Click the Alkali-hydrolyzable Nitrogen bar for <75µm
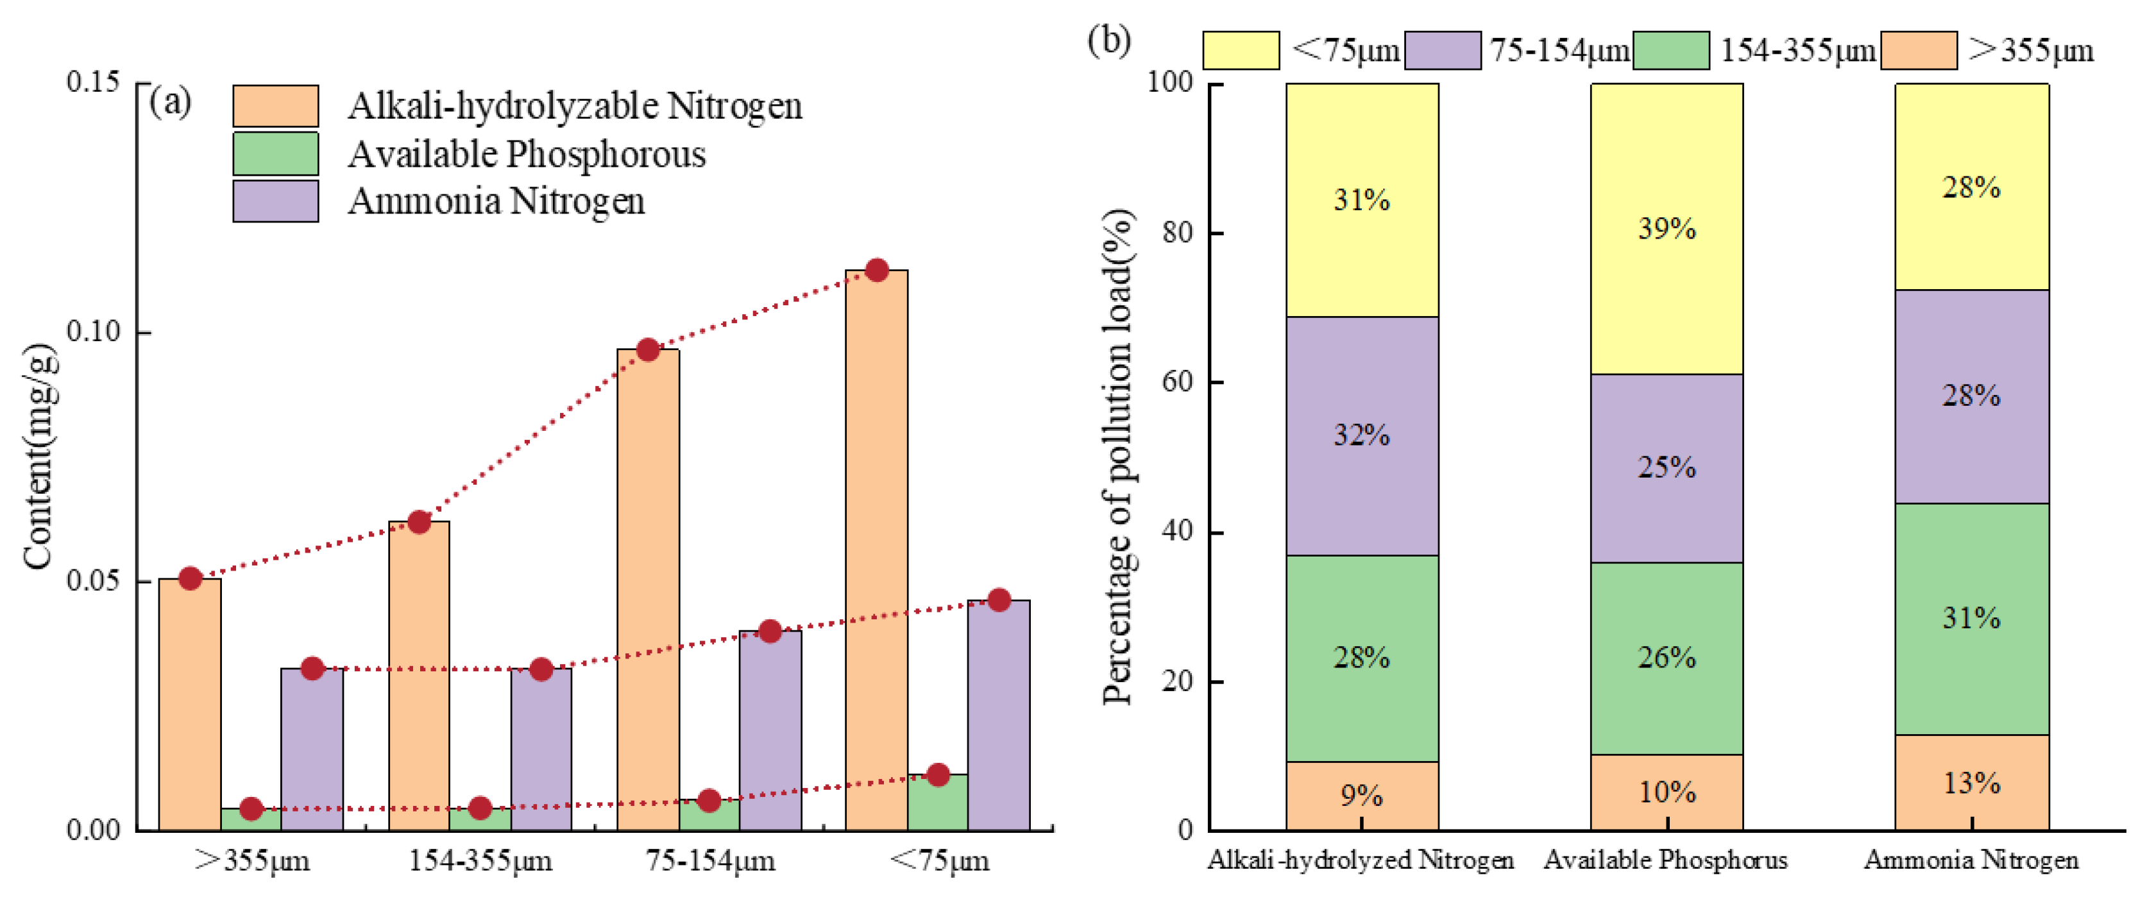point(876,550)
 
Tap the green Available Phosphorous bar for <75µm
point(938,802)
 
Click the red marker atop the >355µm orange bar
point(190,578)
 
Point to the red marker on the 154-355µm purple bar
point(541,669)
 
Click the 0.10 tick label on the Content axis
point(94,331)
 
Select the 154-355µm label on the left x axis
point(480,860)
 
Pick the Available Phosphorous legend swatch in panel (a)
point(275,153)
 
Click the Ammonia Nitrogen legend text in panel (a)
point(496,201)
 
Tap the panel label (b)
point(1109,40)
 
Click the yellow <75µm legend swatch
point(1240,51)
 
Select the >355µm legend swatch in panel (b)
point(1919,51)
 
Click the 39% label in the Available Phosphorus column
point(1666,228)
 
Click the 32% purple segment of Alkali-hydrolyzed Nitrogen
point(1361,435)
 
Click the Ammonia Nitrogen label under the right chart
point(1971,860)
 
